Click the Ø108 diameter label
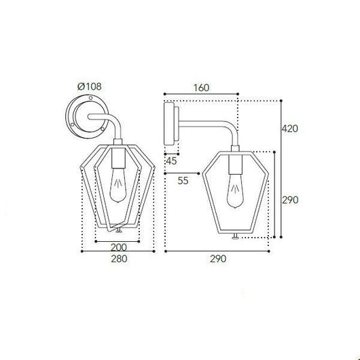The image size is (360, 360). [x=89, y=86]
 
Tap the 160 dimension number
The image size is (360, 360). [x=201, y=88]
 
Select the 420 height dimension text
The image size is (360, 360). [x=290, y=128]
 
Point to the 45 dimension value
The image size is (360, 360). [x=171, y=161]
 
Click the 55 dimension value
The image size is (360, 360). [x=183, y=181]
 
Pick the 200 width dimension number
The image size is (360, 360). [x=119, y=247]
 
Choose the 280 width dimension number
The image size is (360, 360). [x=119, y=259]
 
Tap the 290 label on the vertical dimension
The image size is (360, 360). [x=290, y=200]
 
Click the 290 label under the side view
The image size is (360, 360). [x=218, y=259]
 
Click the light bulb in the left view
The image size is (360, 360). [x=118, y=185]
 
